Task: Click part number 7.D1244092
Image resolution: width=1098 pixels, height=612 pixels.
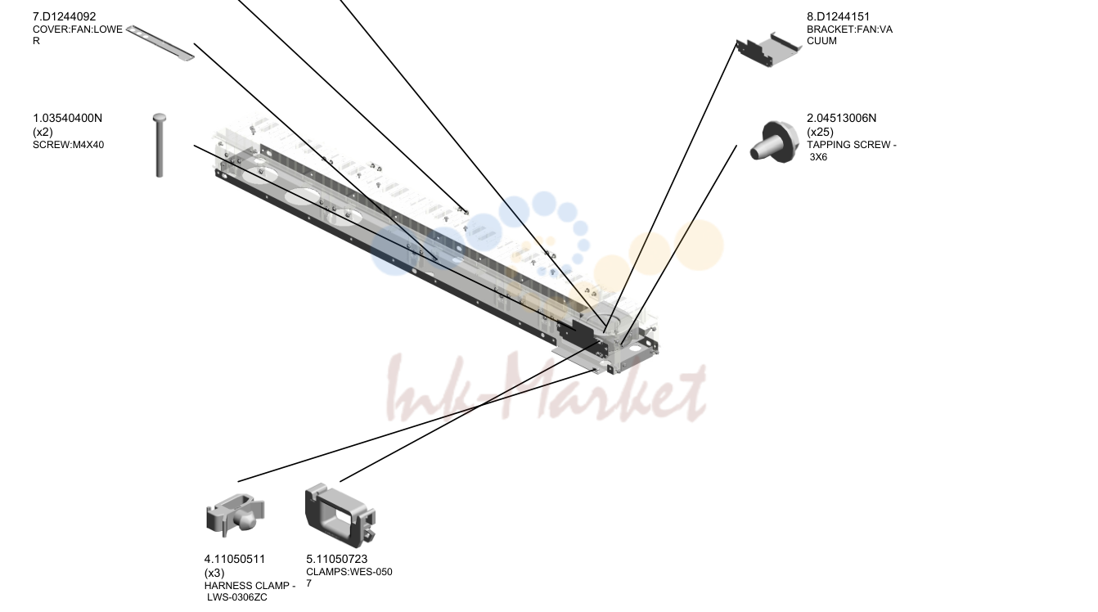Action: point(64,16)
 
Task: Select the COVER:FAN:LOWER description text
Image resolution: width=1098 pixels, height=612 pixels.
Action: point(78,35)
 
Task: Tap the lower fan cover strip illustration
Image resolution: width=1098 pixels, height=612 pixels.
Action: point(160,43)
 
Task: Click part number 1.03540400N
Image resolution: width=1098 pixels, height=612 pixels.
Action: point(68,118)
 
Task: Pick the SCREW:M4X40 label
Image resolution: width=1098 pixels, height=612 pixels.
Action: point(68,145)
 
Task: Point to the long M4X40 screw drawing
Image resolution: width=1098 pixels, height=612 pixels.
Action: point(159,146)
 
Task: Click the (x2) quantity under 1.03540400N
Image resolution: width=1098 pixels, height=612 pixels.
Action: point(43,132)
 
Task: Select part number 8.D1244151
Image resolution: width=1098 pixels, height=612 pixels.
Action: point(838,16)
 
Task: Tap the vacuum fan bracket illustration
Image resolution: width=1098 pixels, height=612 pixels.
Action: point(768,49)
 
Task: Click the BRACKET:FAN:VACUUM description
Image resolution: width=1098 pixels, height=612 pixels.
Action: point(849,35)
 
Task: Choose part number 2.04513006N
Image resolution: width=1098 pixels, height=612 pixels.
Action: point(842,118)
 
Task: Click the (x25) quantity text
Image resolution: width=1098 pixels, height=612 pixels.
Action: point(820,132)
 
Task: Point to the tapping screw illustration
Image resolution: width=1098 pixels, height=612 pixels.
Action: point(775,142)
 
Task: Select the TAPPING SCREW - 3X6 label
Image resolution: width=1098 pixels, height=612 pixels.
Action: point(852,151)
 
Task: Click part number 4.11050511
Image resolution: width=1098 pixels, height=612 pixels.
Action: point(234,559)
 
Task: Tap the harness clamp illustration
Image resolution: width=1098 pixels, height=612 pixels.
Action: point(235,516)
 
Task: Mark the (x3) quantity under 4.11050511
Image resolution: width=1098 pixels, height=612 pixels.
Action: point(214,573)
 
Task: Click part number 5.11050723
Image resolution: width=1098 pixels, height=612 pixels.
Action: point(337,559)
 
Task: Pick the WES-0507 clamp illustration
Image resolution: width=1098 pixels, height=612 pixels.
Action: point(340,515)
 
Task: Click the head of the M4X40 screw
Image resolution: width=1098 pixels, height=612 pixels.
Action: point(160,118)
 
